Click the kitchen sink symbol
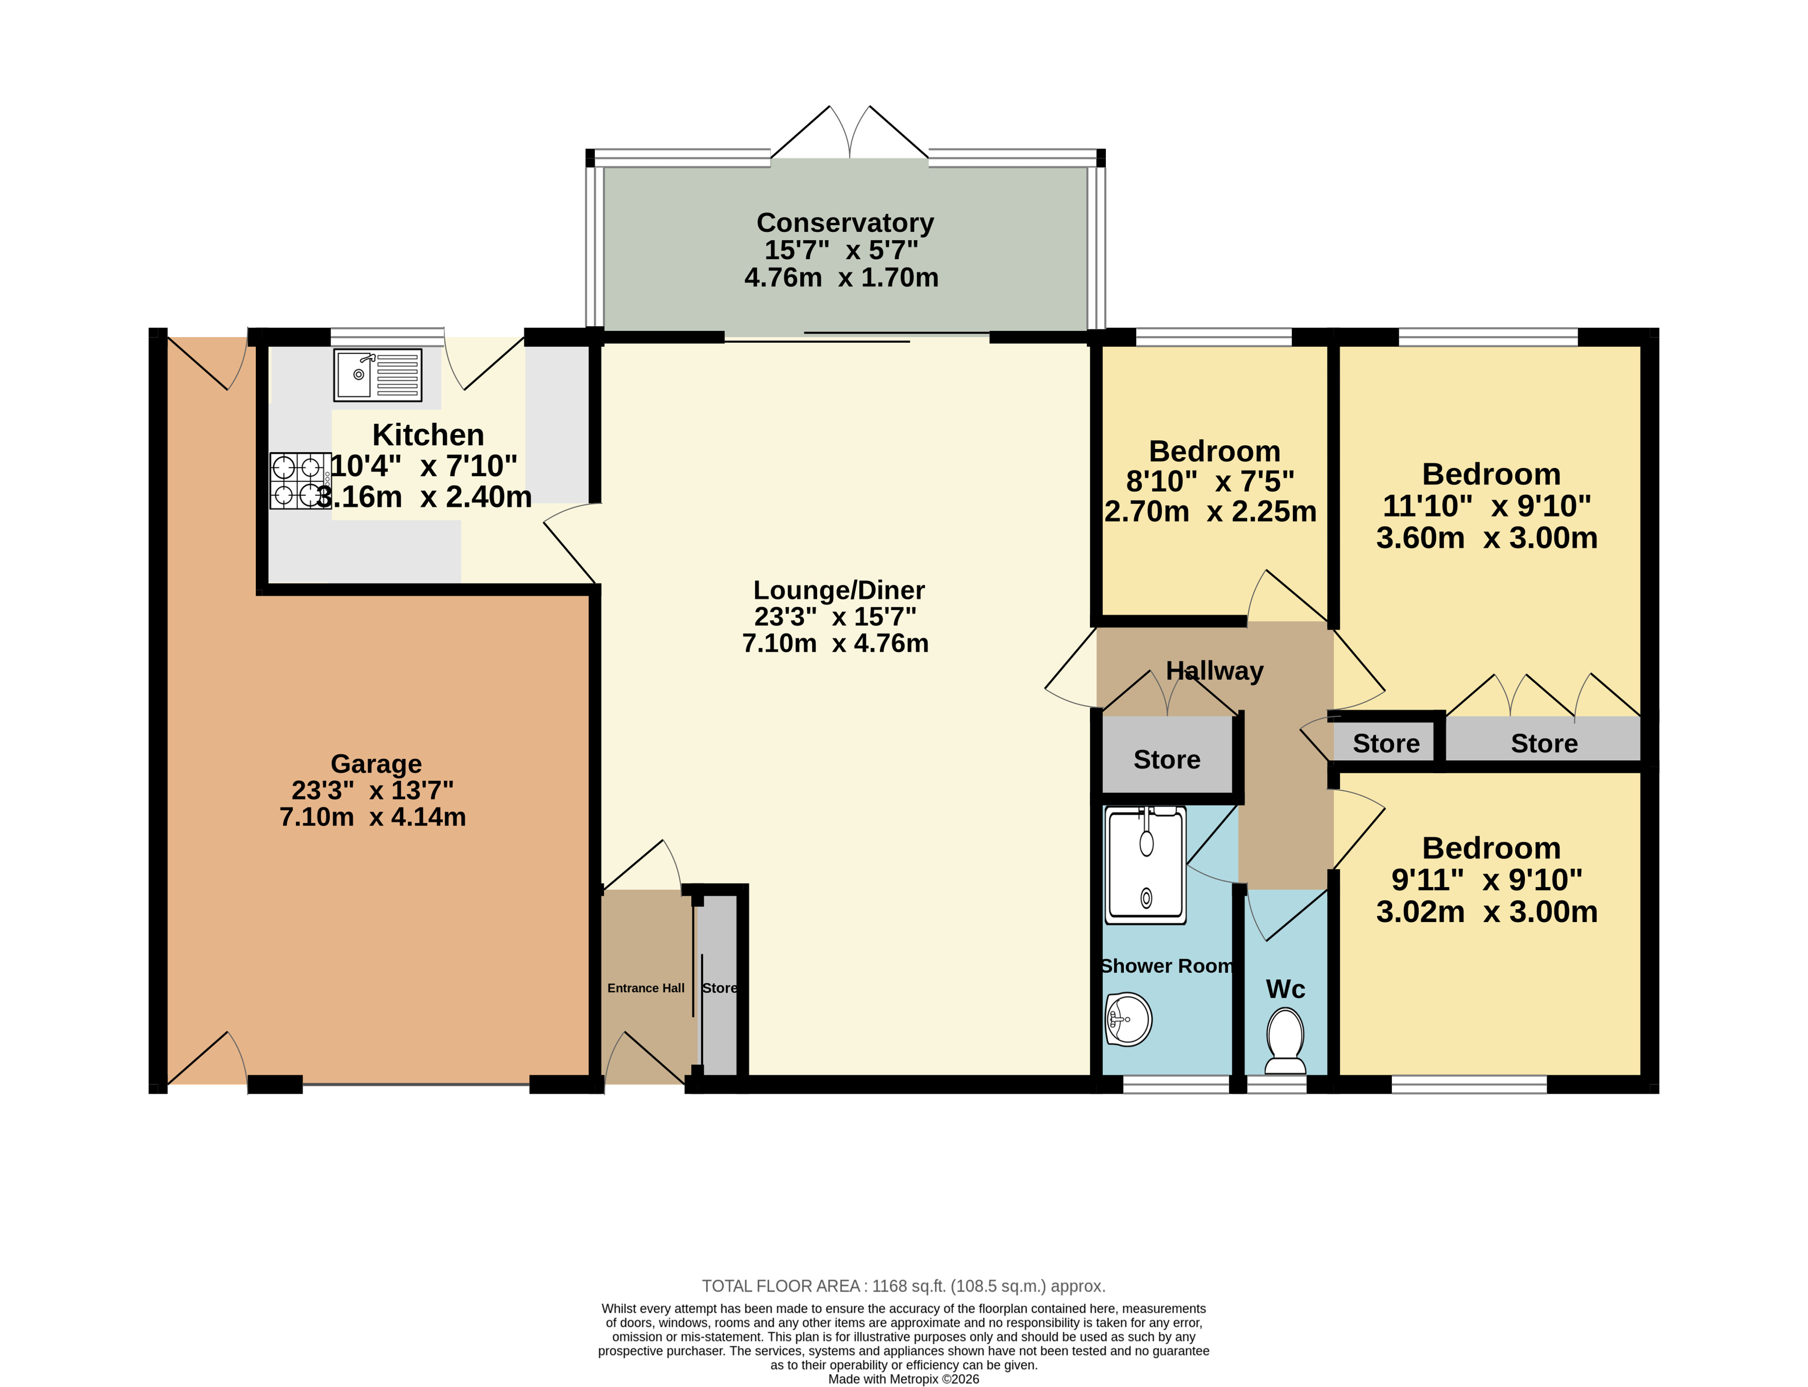(x=377, y=375)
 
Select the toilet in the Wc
(x=1285, y=1041)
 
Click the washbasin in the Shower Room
(x=1127, y=1020)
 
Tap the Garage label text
(x=376, y=764)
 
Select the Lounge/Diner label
(x=839, y=590)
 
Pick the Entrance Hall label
(x=645, y=988)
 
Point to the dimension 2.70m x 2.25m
(x=1210, y=512)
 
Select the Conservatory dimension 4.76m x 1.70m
(x=841, y=277)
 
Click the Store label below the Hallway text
(x=1167, y=760)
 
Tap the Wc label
(x=1285, y=989)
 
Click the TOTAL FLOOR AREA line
(x=903, y=1286)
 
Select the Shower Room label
(x=1167, y=966)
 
